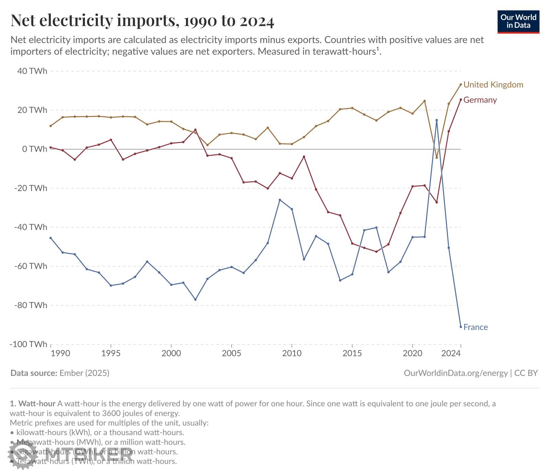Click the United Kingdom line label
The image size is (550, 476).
click(x=493, y=85)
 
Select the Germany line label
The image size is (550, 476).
click(x=480, y=100)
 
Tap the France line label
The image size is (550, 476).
click(x=475, y=327)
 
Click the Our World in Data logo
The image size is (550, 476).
click(x=518, y=22)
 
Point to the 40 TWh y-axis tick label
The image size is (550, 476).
click(x=32, y=71)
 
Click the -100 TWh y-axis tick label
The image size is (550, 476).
click(x=29, y=344)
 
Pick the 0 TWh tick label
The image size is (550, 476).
click(x=35, y=149)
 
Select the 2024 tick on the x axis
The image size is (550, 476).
click(x=451, y=353)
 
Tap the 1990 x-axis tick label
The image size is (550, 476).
click(x=60, y=353)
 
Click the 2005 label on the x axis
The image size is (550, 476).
click(x=231, y=353)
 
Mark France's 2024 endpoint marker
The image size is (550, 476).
click(x=461, y=327)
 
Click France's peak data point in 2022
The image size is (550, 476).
click(x=437, y=120)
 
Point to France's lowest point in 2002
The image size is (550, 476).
click(x=195, y=300)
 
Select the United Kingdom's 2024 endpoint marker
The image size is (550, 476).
click(x=461, y=84)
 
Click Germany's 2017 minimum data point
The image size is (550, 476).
click(x=376, y=252)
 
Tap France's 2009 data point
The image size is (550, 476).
click(x=280, y=200)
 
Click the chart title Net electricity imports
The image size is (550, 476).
click(x=142, y=21)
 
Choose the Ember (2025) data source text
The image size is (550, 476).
click(x=84, y=373)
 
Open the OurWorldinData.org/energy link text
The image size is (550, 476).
click(x=455, y=373)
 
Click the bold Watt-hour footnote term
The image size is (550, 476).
click(x=37, y=403)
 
